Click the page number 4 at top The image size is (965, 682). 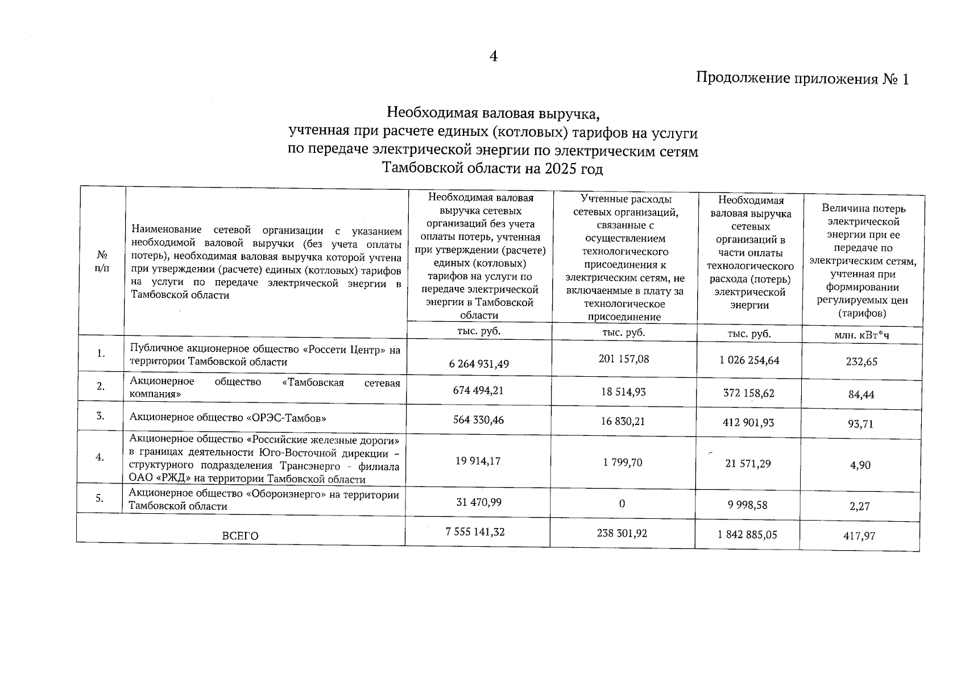pos(494,56)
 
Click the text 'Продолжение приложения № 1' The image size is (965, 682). pos(802,78)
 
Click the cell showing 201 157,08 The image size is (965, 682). pos(624,359)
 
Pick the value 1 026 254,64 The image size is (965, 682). pos(749,360)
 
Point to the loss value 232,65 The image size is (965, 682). pos(861,361)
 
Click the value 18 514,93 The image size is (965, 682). pos(624,392)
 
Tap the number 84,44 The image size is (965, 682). pos(861,394)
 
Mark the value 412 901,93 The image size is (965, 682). pos(748,422)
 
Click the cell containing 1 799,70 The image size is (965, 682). pos(623,463)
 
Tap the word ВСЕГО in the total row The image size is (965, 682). pos(240,535)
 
